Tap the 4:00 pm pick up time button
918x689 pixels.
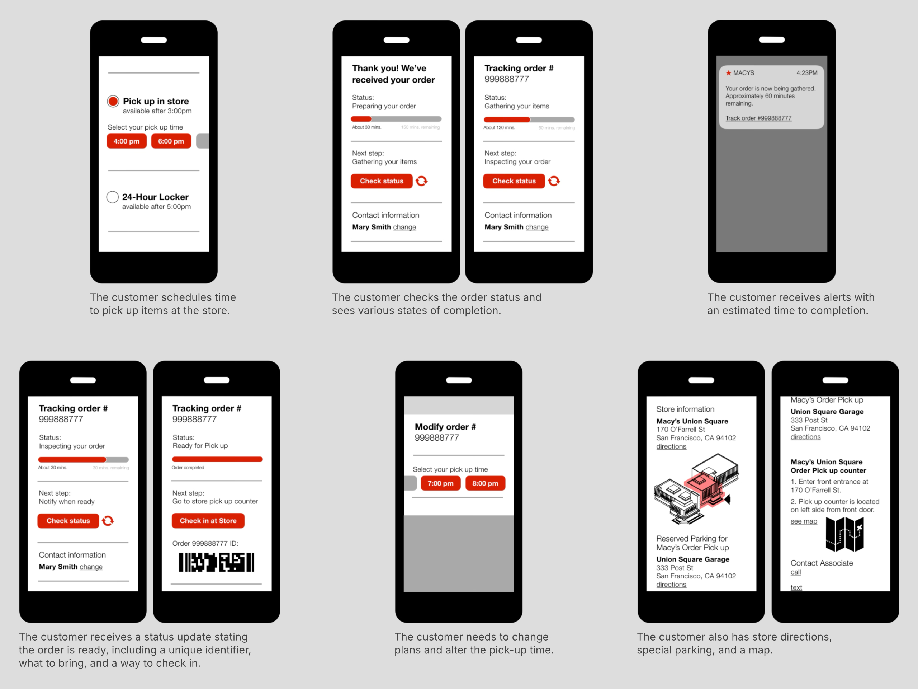(127, 141)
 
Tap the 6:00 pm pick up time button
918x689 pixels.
(171, 141)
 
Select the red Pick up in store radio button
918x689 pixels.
(113, 101)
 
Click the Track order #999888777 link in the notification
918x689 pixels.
(758, 118)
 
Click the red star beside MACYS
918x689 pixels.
(728, 73)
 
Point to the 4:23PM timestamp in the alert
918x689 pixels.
(807, 73)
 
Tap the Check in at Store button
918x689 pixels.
(208, 521)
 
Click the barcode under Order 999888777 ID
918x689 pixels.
(216, 562)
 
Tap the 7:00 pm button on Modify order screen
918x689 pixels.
(440, 483)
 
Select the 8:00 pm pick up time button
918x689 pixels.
(485, 483)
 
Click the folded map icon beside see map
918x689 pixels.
(844, 534)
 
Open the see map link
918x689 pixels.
(804, 522)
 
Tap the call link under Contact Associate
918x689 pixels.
(796, 572)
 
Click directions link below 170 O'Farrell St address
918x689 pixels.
(671, 447)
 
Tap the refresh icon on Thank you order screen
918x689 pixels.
(421, 181)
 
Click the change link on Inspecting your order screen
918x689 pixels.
(91, 567)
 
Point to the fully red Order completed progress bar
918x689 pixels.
(217, 459)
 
